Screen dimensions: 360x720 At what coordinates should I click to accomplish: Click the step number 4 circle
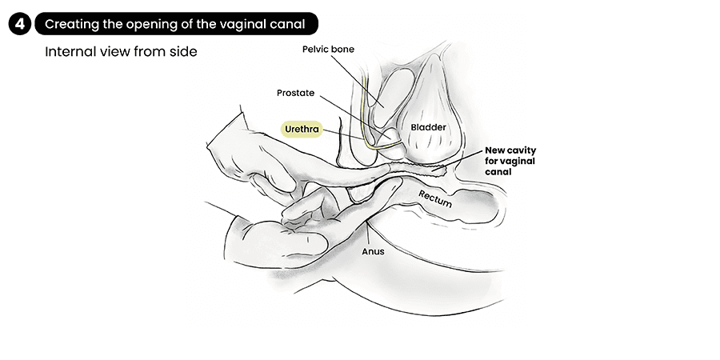tap(19, 25)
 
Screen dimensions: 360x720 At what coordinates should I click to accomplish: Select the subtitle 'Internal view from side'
tap(121, 52)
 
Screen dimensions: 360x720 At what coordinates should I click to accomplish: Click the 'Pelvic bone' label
tap(328, 50)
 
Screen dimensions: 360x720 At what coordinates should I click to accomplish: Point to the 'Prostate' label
tap(297, 93)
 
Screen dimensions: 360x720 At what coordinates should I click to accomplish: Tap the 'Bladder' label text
tap(428, 127)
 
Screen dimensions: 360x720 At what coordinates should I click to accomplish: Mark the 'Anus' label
tap(373, 251)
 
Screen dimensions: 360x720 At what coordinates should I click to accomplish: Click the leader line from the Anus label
tap(367, 235)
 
